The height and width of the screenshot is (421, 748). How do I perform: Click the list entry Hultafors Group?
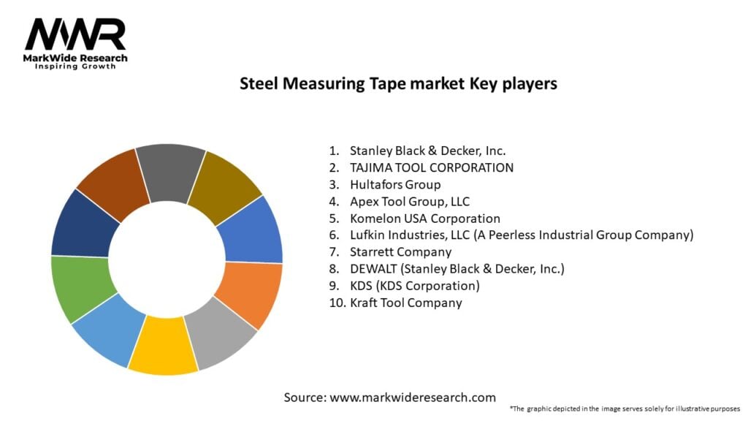(x=395, y=184)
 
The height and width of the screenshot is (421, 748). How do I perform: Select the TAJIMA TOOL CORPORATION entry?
(x=431, y=167)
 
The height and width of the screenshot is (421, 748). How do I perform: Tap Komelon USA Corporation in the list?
(x=424, y=218)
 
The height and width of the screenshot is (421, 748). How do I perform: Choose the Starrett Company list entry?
(x=400, y=251)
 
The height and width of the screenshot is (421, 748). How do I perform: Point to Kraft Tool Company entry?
(x=405, y=303)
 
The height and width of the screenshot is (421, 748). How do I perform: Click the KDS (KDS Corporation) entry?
(x=414, y=285)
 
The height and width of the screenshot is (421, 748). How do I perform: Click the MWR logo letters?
(x=75, y=34)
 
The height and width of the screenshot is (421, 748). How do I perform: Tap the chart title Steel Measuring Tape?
(x=398, y=83)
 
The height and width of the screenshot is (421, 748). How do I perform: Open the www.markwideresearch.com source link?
(x=412, y=398)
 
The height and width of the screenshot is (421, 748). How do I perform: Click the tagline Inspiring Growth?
(x=75, y=66)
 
